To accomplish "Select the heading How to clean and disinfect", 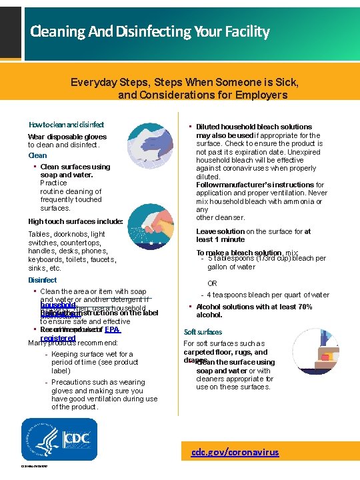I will [x=66, y=125].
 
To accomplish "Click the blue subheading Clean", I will [x=37, y=155].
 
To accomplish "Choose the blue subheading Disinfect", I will [x=42, y=280].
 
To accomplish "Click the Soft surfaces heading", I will [x=203, y=331].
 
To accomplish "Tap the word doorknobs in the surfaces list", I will [x=70, y=235].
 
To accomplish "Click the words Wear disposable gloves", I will [x=67, y=137].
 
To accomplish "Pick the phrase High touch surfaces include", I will [x=75, y=221].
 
